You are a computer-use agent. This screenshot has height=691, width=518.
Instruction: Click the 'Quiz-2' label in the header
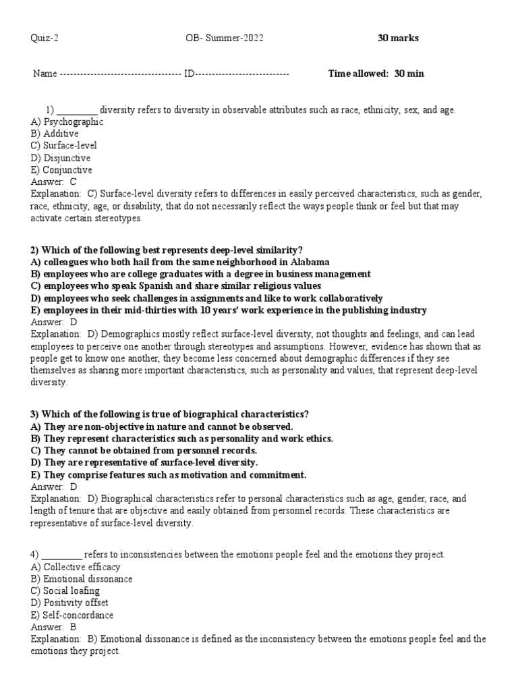click(x=45, y=38)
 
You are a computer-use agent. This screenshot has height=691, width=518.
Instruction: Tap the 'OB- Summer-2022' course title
click(x=223, y=38)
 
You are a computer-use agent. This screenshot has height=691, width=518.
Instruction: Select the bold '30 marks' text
click(x=398, y=38)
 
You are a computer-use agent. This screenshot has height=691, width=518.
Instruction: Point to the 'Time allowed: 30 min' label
click(x=376, y=74)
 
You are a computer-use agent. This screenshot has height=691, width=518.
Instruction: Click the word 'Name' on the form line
click(x=45, y=74)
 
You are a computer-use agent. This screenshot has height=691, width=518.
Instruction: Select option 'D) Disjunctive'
click(x=61, y=158)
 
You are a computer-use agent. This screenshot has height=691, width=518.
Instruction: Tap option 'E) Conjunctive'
click(x=61, y=170)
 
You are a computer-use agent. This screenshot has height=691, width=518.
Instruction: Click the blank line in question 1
click(x=77, y=110)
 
